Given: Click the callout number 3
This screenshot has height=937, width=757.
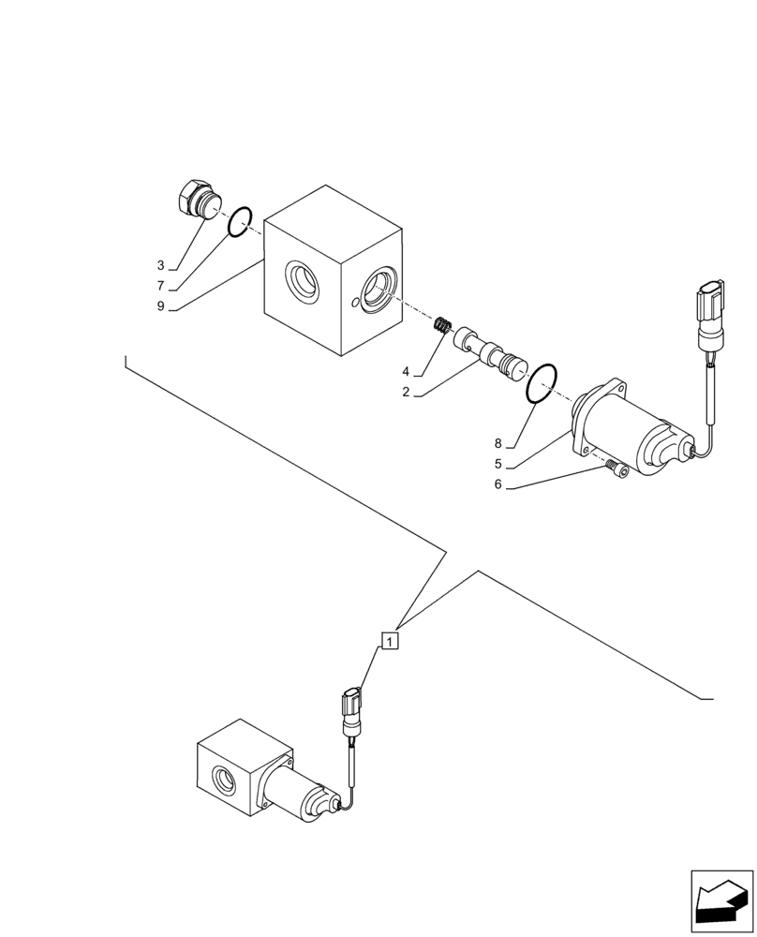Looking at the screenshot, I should (x=161, y=266).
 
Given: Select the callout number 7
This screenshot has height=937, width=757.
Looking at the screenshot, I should (x=161, y=286).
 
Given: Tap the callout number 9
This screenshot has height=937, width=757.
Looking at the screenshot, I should (x=161, y=306).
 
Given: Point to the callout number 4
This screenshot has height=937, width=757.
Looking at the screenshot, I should (x=406, y=371).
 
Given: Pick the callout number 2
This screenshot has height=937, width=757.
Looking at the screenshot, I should (x=406, y=393).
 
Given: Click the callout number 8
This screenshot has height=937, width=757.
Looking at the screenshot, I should (x=498, y=443).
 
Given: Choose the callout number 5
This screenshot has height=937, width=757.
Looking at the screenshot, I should (x=498, y=464).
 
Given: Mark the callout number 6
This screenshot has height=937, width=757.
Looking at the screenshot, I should (x=498, y=484).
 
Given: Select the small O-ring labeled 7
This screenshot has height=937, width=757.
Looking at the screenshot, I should (x=239, y=222).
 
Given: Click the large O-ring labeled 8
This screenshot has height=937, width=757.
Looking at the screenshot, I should (x=542, y=384).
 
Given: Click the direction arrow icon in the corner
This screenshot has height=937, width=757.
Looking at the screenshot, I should (x=721, y=901).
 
